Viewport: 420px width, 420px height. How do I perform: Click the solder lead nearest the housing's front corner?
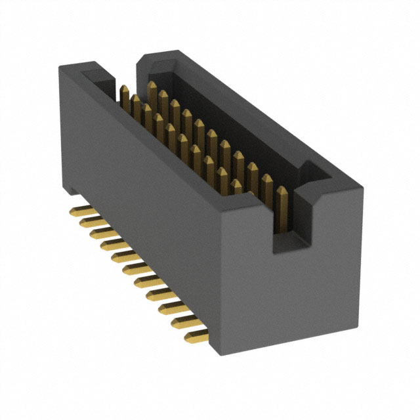coord(196,337)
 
